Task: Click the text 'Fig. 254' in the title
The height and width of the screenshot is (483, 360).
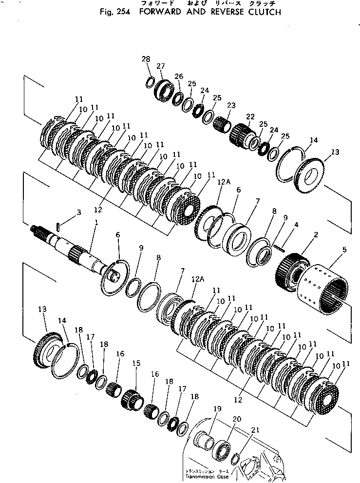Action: [x=113, y=12]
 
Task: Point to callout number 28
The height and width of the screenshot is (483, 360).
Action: [x=146, y=59]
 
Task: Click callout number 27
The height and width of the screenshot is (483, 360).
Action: [x=161, y=66]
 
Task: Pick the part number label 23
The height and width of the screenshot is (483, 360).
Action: [x=231, y=105]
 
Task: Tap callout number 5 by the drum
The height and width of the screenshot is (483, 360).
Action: [x=344, y=250]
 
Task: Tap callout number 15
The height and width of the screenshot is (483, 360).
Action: [x=136, y=363]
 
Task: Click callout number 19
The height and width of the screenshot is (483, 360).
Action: [x=216, y=409]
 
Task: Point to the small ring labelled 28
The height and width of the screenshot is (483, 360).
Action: [x=151, y=82]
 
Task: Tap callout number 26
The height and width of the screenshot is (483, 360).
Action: [x=179, y=77]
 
